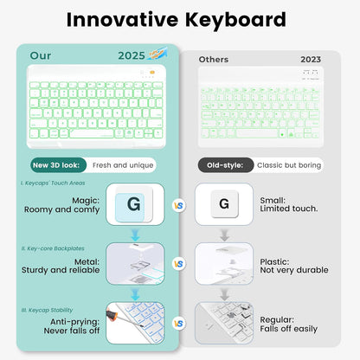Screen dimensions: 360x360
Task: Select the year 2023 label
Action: pyautogui.click(x=311, y=60)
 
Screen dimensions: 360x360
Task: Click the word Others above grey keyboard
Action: pyautogui.click(x=214, y=60)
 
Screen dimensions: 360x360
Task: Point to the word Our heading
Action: pyautogui.click(x=41, y=55)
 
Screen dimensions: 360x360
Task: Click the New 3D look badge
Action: pyautogui.click(x=58, y=164)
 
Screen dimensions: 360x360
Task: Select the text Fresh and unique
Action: pyautogui.click(x=122, y=164)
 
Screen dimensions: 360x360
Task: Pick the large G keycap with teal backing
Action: pyautogui.click(x=133, y=205)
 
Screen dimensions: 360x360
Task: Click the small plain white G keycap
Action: pyautogui.click(x=224, y=204)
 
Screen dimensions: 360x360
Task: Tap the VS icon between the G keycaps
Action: pyautogui.click(x=179, y=205)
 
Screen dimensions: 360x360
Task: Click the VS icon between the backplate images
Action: pyautogui.click(x=179, y=263)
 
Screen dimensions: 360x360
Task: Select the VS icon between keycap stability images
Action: pyautogui.click(x=179, y=322)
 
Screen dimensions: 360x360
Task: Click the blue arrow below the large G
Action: pyautogui.click(x=134, y=235)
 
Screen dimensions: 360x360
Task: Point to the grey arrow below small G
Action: pyautogui.click(x=224, y=235)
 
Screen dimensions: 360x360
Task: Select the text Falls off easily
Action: pyautogui.click(x=289, y=329)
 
